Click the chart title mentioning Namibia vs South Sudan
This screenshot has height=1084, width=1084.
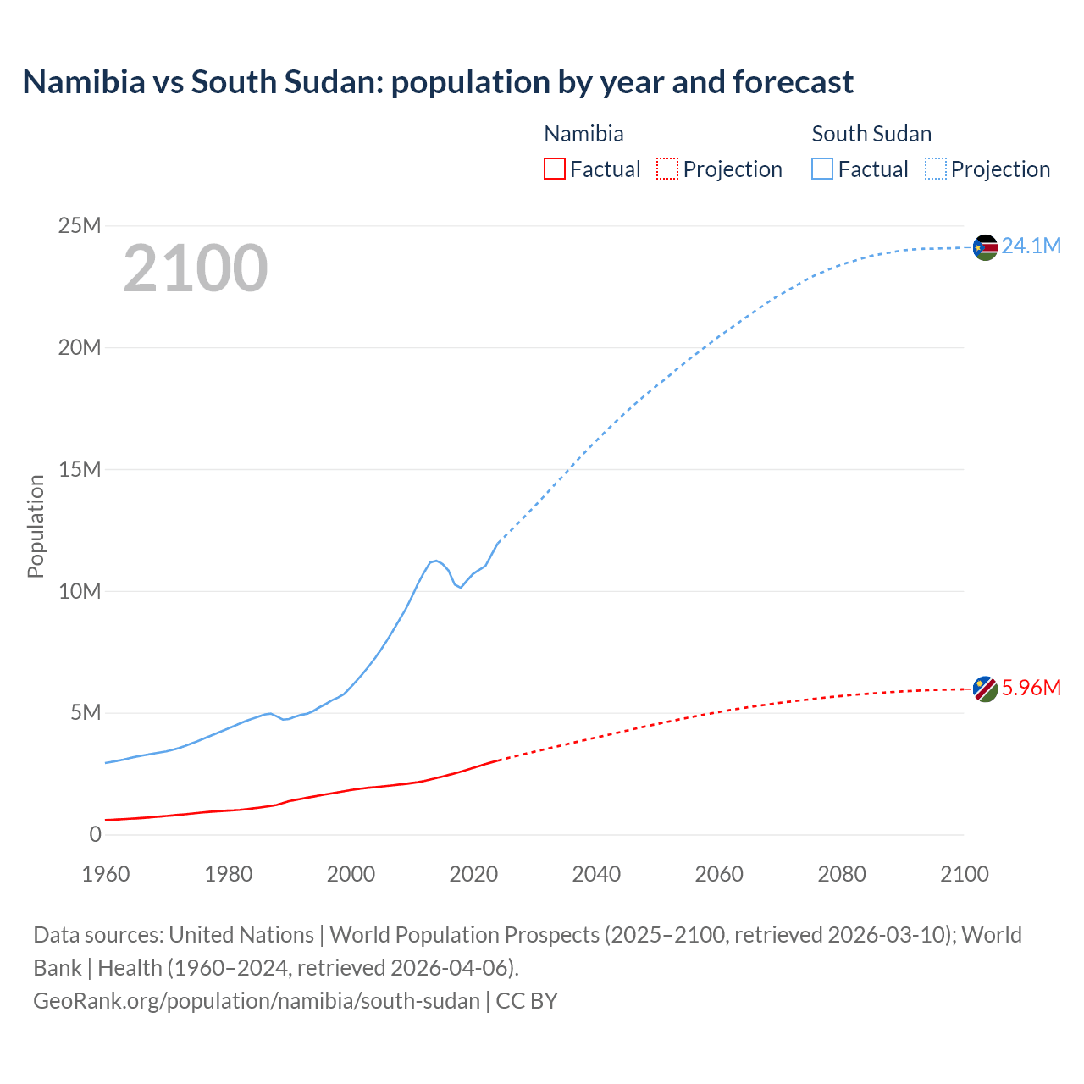click(x=438, y=82)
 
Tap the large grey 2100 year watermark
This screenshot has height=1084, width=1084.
click(x=196, y=268)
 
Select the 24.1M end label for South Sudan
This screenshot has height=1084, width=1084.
click(x=1031, y=246)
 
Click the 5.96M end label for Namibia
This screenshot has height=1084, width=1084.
click(x=1031, y=688)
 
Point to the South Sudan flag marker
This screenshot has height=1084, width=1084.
click(x=985, y=247)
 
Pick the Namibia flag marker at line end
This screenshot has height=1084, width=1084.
click(x=985, y=689)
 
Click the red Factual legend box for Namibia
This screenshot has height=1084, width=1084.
click(x=555, y=169)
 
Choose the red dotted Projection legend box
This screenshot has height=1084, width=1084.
click(x=667, y=169)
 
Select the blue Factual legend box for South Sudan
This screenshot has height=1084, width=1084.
click(x=822, y=169)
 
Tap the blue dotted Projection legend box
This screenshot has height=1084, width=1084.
click(x=935, y=169)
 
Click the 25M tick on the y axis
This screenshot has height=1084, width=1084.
click(x=80, y=225)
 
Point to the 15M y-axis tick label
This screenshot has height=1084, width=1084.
click(x=80, y=469)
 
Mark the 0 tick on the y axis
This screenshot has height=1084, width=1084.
click(x=95, y=834)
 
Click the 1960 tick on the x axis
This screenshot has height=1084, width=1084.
click(x=106, y=874)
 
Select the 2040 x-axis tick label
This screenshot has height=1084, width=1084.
click(x=596, y=874)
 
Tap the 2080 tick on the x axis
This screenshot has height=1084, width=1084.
click(x=842, y=874)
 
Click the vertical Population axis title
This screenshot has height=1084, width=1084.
click(x=36, y=526)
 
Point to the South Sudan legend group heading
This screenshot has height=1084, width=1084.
click(x=871, y=134)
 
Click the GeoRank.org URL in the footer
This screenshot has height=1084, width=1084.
click(x=257, y=1000)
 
